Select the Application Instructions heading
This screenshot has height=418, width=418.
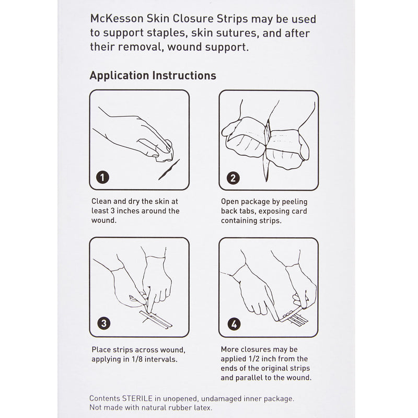(153, 75)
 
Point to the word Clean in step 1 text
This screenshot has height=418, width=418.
(102, 201)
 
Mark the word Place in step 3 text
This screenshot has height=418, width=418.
(101, 350)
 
